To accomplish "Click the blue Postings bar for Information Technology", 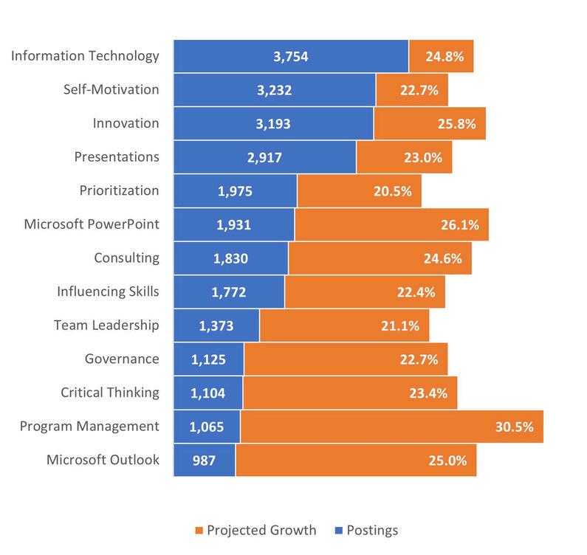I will pyautogui.click(x=290, y=57).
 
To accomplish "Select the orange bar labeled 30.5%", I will pyautogui.click(x=391, y=427).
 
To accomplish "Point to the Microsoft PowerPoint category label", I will pyautogui.click(x=92, y=224).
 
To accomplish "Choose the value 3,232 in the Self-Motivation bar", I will pyautogui.click(x=274, y=91).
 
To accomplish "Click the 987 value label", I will pyautogui.click(x=204, y=461).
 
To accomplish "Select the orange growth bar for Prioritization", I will pyautogui.click(x=359, y=191).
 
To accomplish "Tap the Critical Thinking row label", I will pyautogui.click(x=110, y=392).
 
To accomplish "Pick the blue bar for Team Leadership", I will pyautogui.click(x=216, y=325).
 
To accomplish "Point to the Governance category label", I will pyautogui.click(x=122, y=359).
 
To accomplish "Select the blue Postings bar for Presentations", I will pyautogui.click(x=264, y=157).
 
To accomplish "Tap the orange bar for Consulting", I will pyautogui.click(x=380, y=258).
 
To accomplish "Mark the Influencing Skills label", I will pyautogui.click(x=108, y=292).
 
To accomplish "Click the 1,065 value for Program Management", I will pyautogui.click(x=207, y=427).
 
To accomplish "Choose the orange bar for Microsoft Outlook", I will pyautogui.click(x=356, y=461).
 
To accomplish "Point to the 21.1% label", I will pyautogui.click(x=401, y=325).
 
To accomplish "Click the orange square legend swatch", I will pyautogui.click(x=199, y=531).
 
